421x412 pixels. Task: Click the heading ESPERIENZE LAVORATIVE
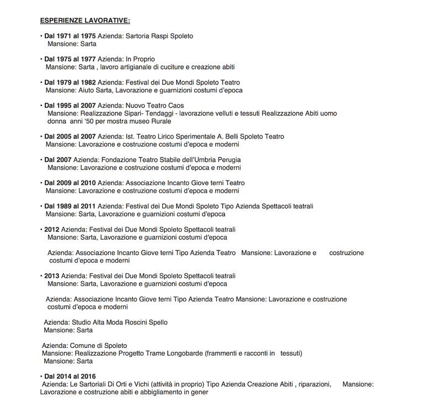pos(85,21)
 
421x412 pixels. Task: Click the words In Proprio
pos(140,59)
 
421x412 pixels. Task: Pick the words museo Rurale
pos(153,121)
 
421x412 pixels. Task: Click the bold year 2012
pos(52,229)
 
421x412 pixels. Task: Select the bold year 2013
pos(52,276)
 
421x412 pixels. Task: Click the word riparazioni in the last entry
pos(313,384)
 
